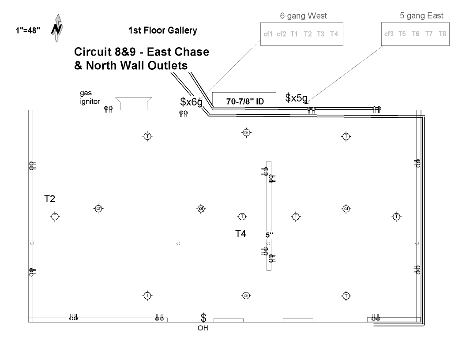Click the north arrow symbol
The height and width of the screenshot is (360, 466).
click(56, 29)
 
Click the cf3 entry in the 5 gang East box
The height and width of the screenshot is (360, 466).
click(389, 34)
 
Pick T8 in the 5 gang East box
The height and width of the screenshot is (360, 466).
click(442, 34)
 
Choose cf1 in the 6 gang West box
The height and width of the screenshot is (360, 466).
click(268, 34)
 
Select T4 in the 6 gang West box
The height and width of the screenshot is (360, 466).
click(334, 34)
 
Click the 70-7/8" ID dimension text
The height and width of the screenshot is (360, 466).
click(244, 101)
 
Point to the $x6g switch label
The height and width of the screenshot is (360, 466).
click(191, 101)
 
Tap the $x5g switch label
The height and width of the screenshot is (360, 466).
click(297, 97)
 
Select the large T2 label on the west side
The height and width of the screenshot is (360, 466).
click(49, 199)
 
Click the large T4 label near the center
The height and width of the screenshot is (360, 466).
click(240, 234)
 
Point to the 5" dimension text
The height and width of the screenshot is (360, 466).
click(270, 235)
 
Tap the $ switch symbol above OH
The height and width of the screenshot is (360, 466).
click(203, 318)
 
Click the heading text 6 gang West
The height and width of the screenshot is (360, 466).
click(304, 16)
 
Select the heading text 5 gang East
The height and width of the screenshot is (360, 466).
click(421, 16)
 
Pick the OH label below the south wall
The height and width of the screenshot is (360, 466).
click(203, 328)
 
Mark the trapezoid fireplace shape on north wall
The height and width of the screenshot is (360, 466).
click(133, 104)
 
